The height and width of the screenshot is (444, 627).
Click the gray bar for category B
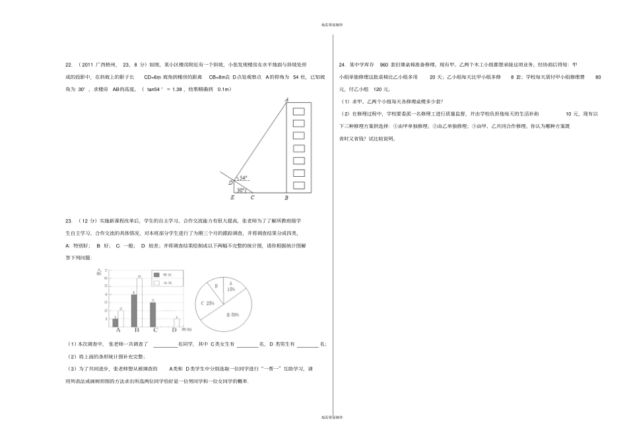click(134, 310)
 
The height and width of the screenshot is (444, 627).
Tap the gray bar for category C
click(153, 315)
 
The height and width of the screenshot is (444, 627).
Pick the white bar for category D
click(176, 323)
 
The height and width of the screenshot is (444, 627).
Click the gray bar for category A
click(115, 322)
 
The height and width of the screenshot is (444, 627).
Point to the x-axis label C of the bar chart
click(156, 331)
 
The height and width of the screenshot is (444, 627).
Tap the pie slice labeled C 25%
click(209, 303)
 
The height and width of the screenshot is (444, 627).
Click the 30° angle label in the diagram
click(241, 189)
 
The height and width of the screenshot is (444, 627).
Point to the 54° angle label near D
click(244, 178)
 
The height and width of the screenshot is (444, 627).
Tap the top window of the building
click(298, 111)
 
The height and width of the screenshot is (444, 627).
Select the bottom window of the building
click(298, 185)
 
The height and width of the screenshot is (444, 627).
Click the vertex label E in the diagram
click(232, 198)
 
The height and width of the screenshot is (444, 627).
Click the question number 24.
click(342, 65)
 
